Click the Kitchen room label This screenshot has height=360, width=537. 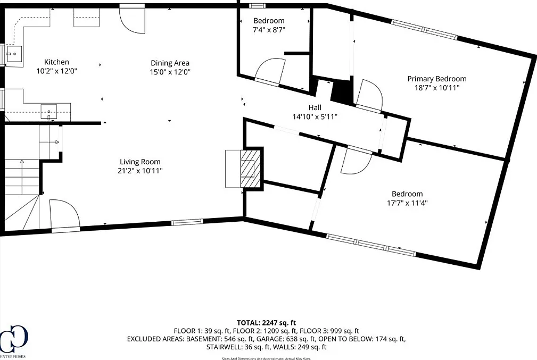point(56,62)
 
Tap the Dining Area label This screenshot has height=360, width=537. point(170,63)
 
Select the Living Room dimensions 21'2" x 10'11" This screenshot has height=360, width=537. point(140,170)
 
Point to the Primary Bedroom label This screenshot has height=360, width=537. point(436,79)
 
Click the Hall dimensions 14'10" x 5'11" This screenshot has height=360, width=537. point(315,116)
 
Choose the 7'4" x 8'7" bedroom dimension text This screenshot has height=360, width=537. point(269,30)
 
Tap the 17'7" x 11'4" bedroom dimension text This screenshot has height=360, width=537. point(407,203)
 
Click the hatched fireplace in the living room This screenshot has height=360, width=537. point(247,168)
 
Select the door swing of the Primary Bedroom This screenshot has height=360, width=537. point(369,95)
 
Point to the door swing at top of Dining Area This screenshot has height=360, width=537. point(132,20)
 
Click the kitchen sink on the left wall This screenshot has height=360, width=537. point(14,54)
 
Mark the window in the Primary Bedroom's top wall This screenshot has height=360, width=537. point(424,30)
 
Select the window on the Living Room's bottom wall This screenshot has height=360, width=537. point(187,222)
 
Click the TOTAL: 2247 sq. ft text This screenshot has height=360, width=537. point(266,323)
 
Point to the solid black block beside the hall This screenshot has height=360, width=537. point(341,91)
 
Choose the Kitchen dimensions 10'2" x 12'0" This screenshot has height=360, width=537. point(56,71)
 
